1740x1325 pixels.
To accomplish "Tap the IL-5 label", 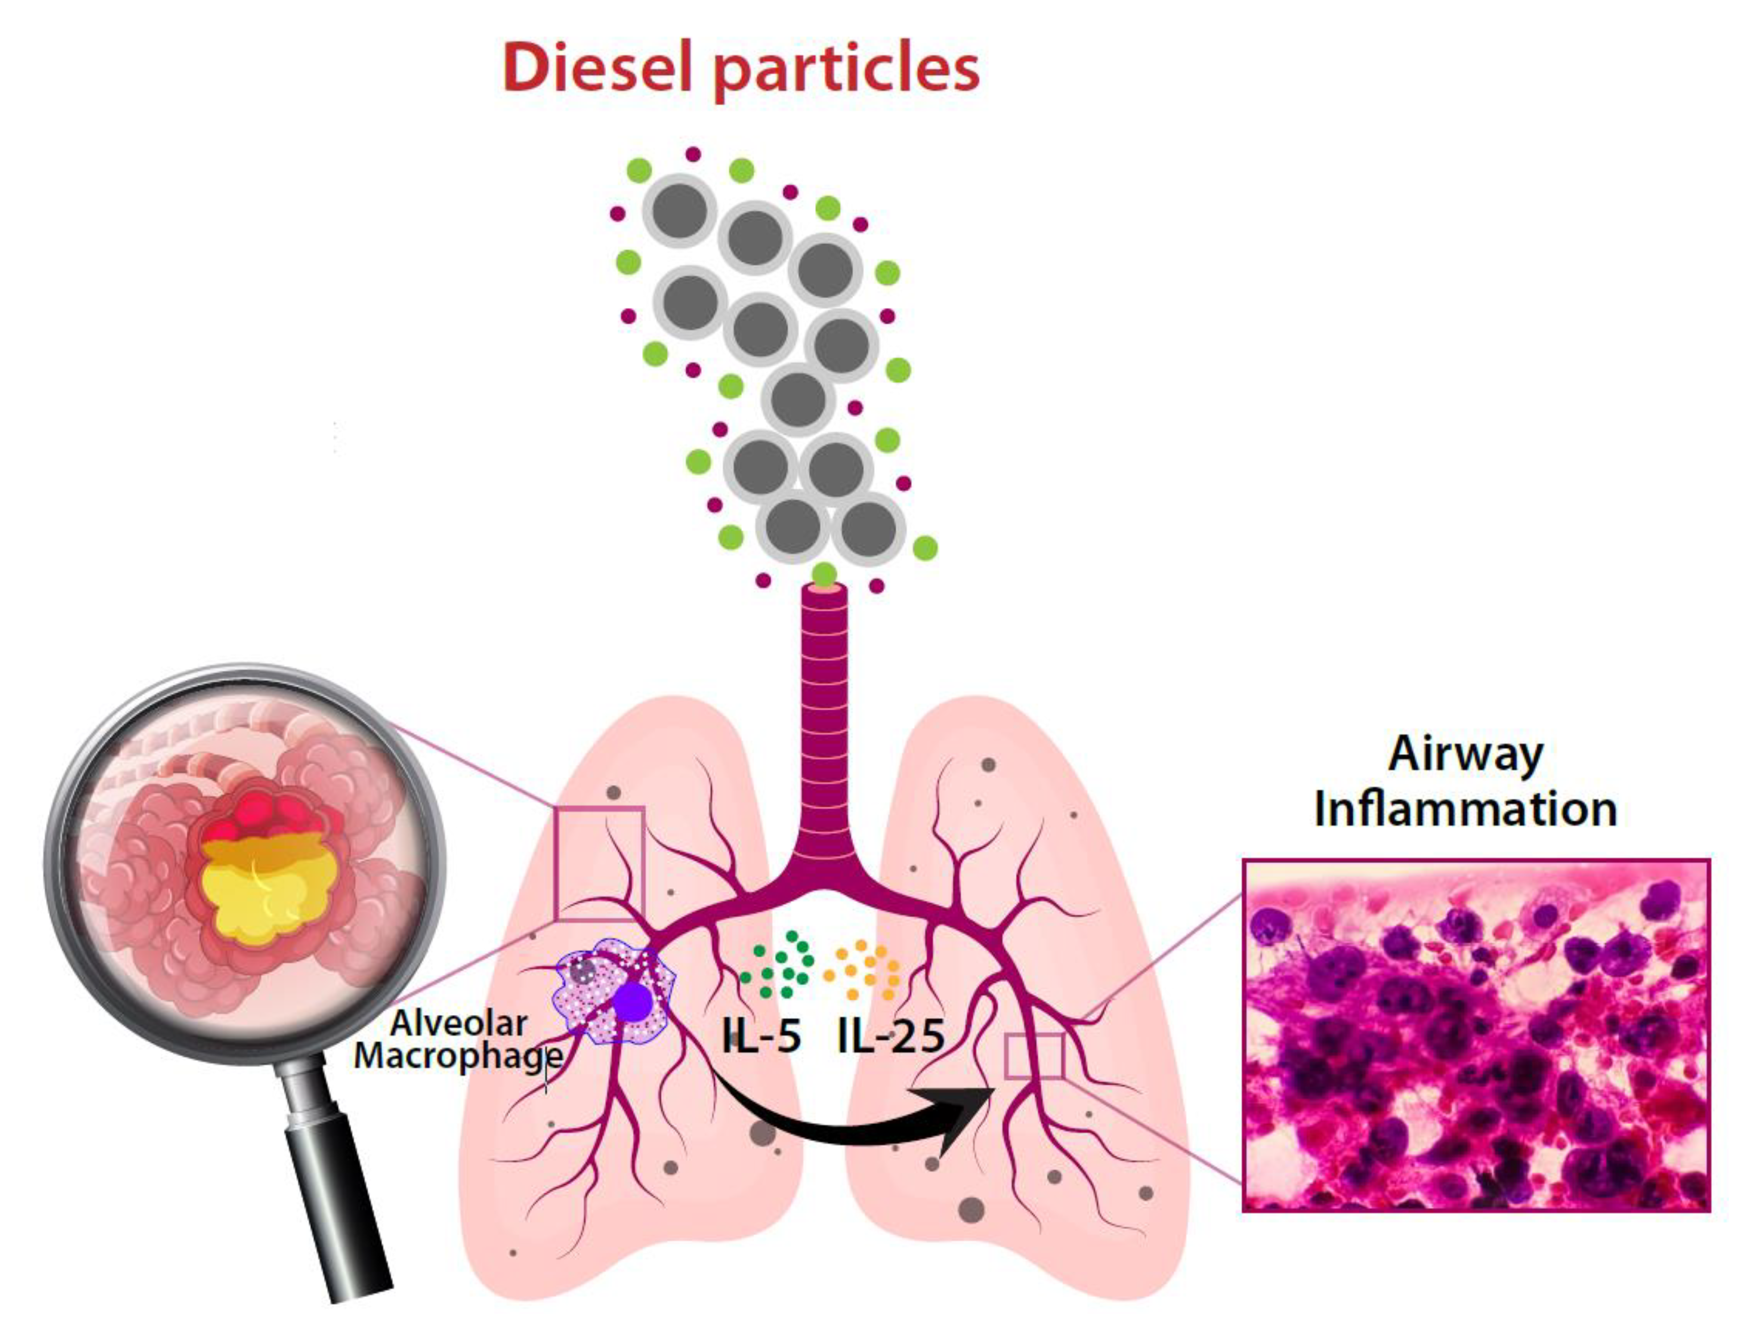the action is point(761,1035).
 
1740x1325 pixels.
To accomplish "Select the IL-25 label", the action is point(891,1035).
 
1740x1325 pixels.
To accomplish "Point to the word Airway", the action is point(1466,754).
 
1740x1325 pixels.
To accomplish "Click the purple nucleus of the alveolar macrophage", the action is point(632,1002).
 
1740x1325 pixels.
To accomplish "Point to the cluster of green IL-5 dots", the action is point(781,966).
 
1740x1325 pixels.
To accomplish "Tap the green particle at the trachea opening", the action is point(824,574).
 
